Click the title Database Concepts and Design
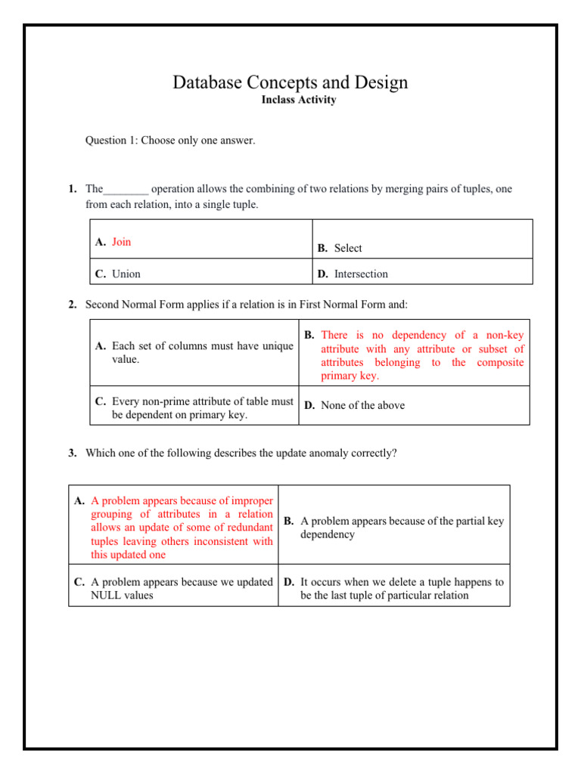(290, 82)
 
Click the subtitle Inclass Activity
(298, 101)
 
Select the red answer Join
(121, 242)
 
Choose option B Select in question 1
(348, 248)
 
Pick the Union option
(126, 274)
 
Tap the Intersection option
(361, 274)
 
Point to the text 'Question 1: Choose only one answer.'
(169, 141)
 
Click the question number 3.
(72, 454)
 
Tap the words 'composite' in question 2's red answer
(500, 363)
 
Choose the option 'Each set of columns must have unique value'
(194, 352)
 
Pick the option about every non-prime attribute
(194, 408)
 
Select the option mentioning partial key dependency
(401, 528)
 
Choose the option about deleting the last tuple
(401, 589)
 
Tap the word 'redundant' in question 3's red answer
(247, 528)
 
